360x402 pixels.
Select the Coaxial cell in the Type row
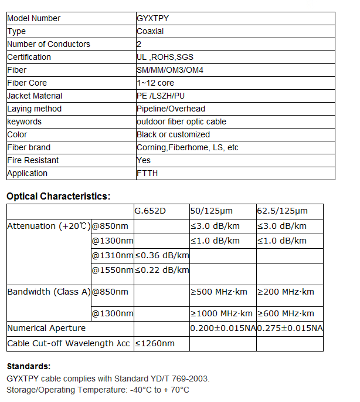click(x=150, y=31)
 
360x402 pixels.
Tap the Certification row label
click(x=29, y=57)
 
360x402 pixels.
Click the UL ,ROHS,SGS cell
click(x=165, y=57)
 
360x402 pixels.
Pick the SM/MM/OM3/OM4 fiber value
click(x=170, y=70)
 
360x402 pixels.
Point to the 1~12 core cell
click(x=155, y=83)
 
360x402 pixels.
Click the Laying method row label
click(x=34, y=109)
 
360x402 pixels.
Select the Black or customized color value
click(x=173, y=134)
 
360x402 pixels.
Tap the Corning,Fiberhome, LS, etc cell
click(x=187, y=147)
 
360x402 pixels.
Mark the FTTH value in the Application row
click(x=147, y=173)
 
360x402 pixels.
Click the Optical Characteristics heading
click(x=58, y=196)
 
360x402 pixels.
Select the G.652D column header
click(x=151, y=211)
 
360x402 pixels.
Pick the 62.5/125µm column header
click(x=282, y=211)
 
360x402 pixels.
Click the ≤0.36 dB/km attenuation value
click(x=162, y=255)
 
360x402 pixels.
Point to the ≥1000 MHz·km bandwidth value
click(x=222, y=313)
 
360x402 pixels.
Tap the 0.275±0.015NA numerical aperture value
click(x=290, y=328)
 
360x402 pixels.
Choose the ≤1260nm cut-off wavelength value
click(x=155, y=343)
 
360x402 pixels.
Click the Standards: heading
click(x=28, y=366)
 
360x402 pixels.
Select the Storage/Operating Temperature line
click(x=97, y=390)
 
